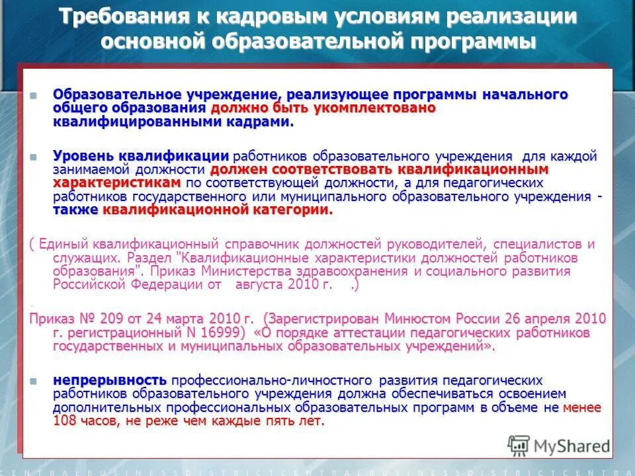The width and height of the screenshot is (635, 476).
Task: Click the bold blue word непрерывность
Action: [x=110, y=380]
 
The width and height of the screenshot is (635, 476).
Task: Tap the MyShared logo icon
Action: [x=519, y=444]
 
